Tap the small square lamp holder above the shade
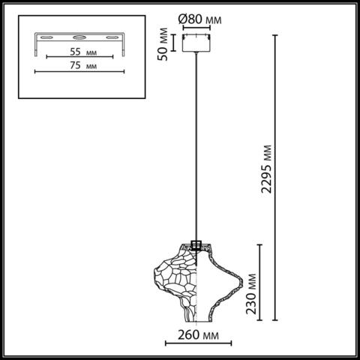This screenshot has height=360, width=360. click(x=197, y=244)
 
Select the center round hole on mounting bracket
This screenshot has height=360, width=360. click(x=79, y=36)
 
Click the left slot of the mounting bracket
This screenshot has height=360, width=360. click(x=46, y=37)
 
